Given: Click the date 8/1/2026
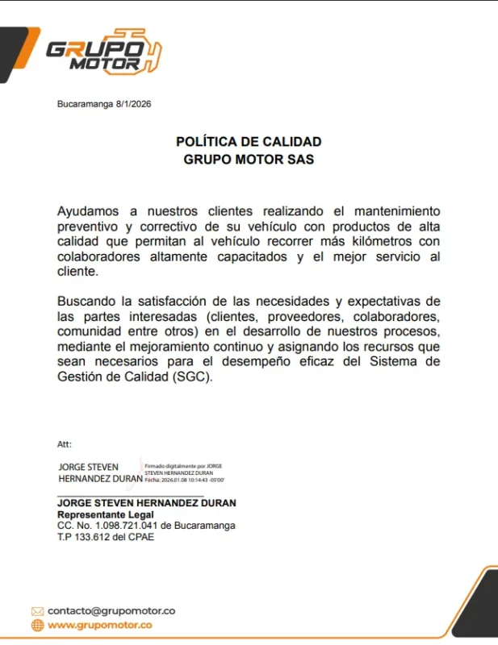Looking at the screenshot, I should (133, 104).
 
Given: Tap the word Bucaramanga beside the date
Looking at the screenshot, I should (85, 104).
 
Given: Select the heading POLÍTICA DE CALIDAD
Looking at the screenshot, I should (249, 142).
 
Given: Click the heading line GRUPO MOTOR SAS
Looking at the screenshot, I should (249, 159).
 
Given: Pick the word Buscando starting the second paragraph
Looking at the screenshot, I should (87, 301).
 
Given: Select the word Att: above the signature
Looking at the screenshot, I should (65, 443).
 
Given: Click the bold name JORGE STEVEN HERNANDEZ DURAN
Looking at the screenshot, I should (146, 503).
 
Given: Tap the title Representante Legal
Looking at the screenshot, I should (105, 514).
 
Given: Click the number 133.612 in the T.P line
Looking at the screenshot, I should (91, 537).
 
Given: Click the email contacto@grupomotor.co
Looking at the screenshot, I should (111, 610).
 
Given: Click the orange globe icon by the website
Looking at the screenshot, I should (37, 625).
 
